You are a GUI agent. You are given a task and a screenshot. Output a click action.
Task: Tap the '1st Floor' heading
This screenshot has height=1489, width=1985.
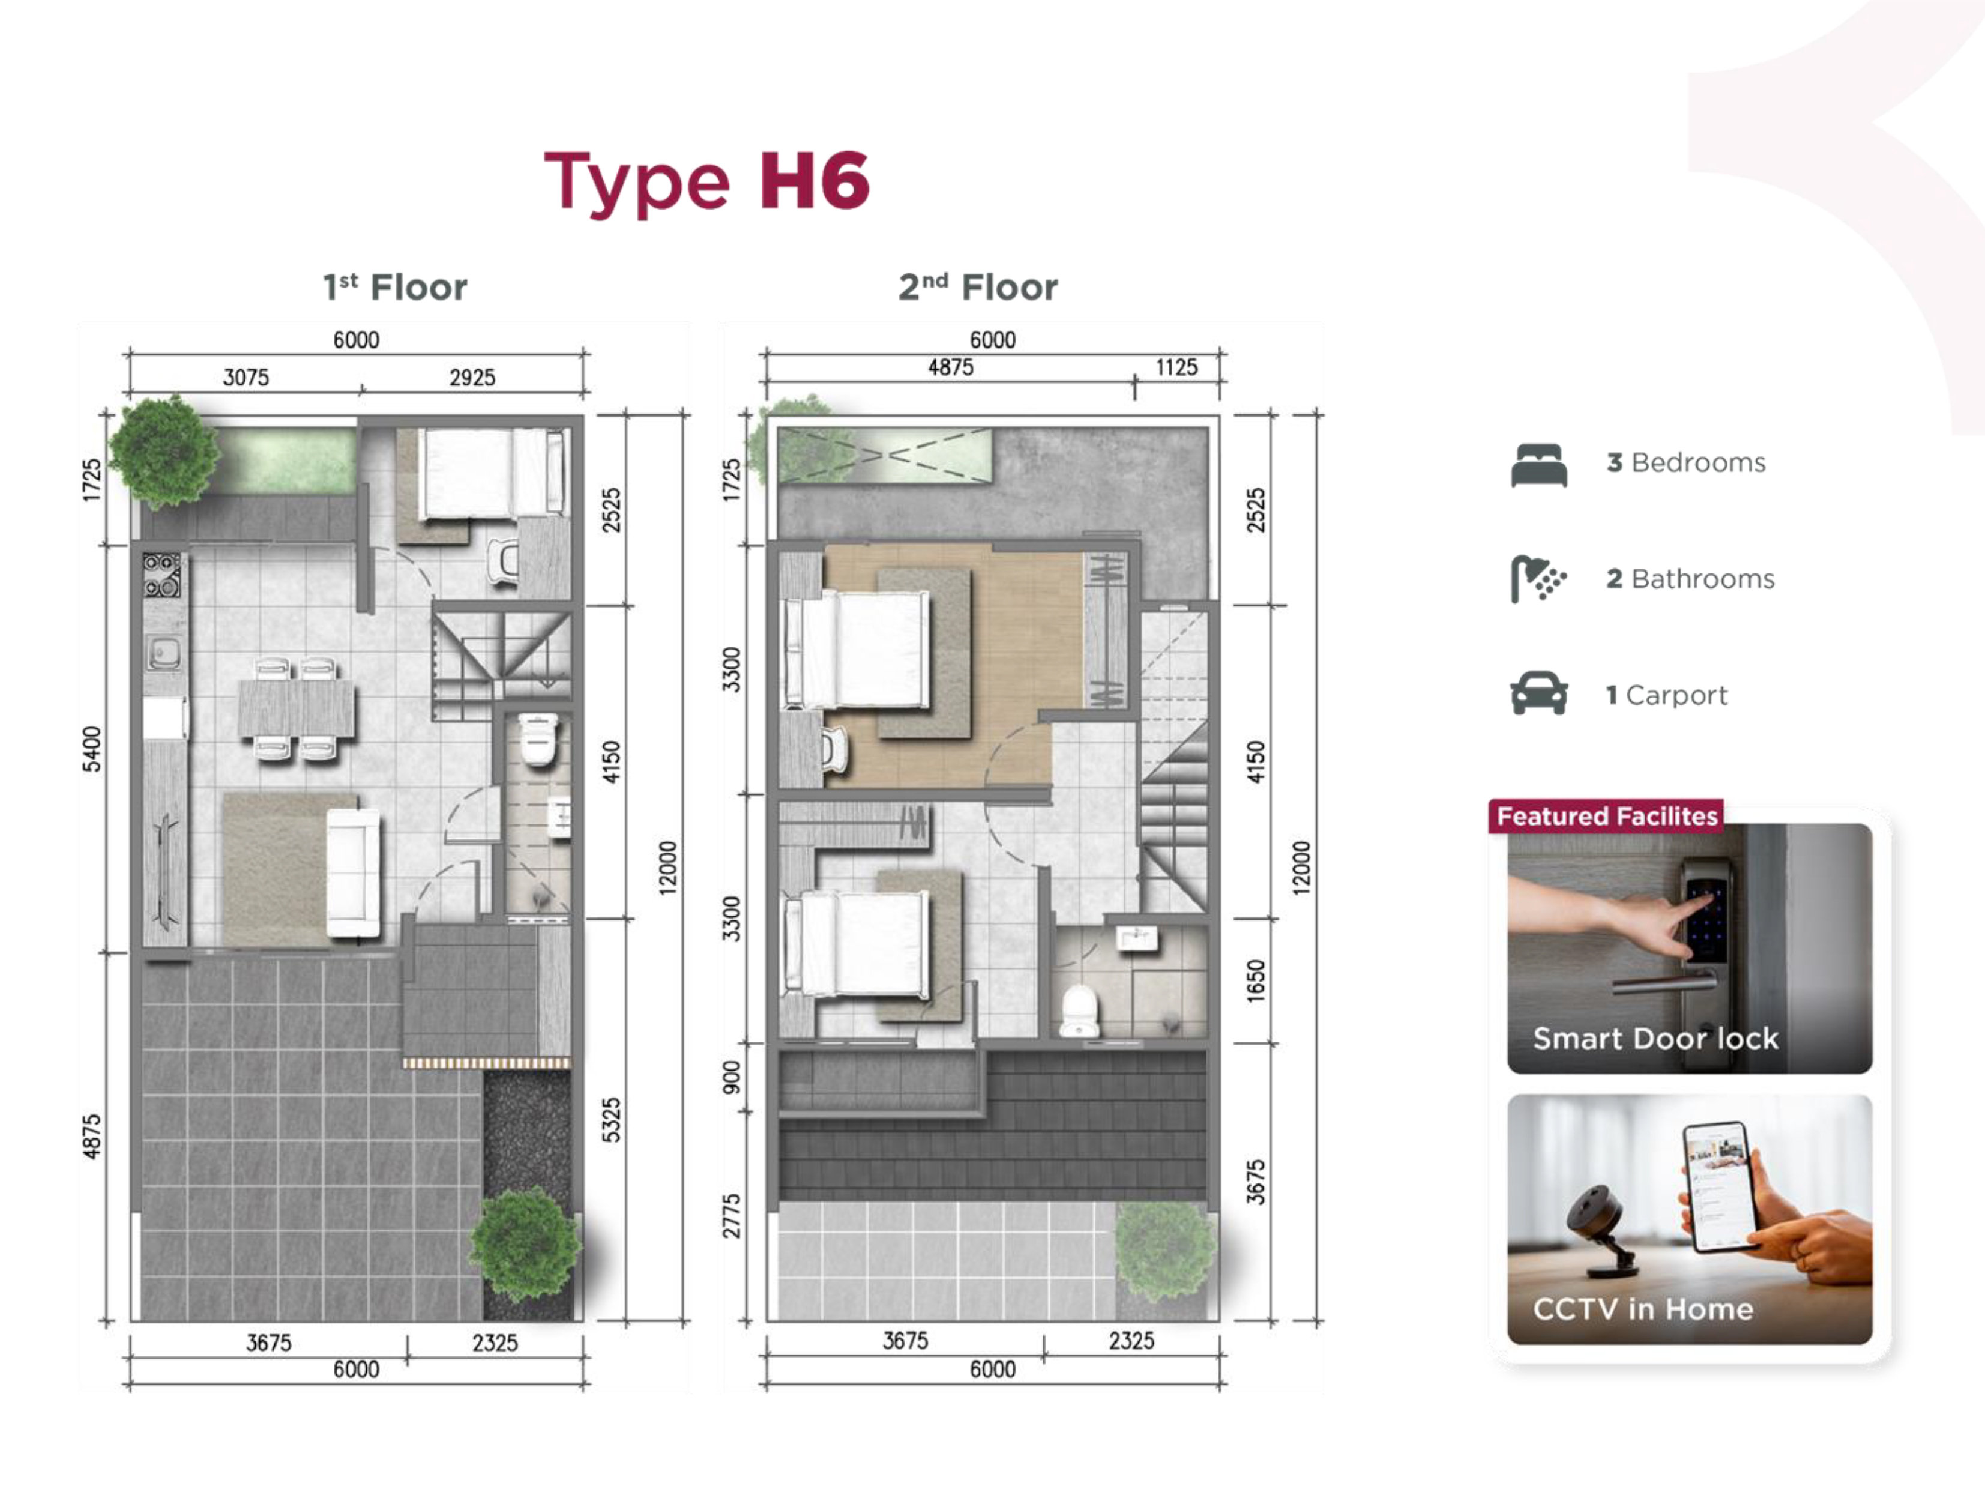point(395,287)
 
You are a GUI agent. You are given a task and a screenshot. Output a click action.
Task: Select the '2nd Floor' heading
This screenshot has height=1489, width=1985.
point(978,287)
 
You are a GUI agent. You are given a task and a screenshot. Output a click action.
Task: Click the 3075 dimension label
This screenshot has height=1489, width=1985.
point(246,377)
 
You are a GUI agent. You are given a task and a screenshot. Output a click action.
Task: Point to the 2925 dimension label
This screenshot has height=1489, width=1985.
point(472,377)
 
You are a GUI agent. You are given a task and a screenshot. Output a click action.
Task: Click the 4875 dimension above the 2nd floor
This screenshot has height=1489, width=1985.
point(950,367)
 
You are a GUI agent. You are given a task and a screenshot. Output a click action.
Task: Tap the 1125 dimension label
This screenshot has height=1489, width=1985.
point(1176,367)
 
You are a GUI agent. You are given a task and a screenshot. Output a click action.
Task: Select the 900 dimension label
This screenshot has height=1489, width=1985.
point(732,1077)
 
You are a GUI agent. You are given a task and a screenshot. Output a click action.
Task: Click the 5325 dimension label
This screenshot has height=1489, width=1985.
point(610,1120)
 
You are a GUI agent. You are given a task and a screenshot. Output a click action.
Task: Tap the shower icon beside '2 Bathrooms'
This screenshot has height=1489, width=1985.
point(1538,579)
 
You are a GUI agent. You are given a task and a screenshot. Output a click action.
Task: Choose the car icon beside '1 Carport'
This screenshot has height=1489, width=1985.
point(1539,693)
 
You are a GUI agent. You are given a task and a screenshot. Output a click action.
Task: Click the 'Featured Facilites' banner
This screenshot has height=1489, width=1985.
point(1606,816)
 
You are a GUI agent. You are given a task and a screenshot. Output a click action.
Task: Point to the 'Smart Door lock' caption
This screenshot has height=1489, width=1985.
point(1655,1039)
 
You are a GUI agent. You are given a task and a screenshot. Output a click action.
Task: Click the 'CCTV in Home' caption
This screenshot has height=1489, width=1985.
point(1643,1309)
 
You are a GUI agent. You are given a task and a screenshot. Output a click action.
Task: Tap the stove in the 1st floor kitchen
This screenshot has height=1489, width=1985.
point(161,575)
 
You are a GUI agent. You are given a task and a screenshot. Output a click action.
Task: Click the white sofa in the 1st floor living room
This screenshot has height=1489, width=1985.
point(353,874)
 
